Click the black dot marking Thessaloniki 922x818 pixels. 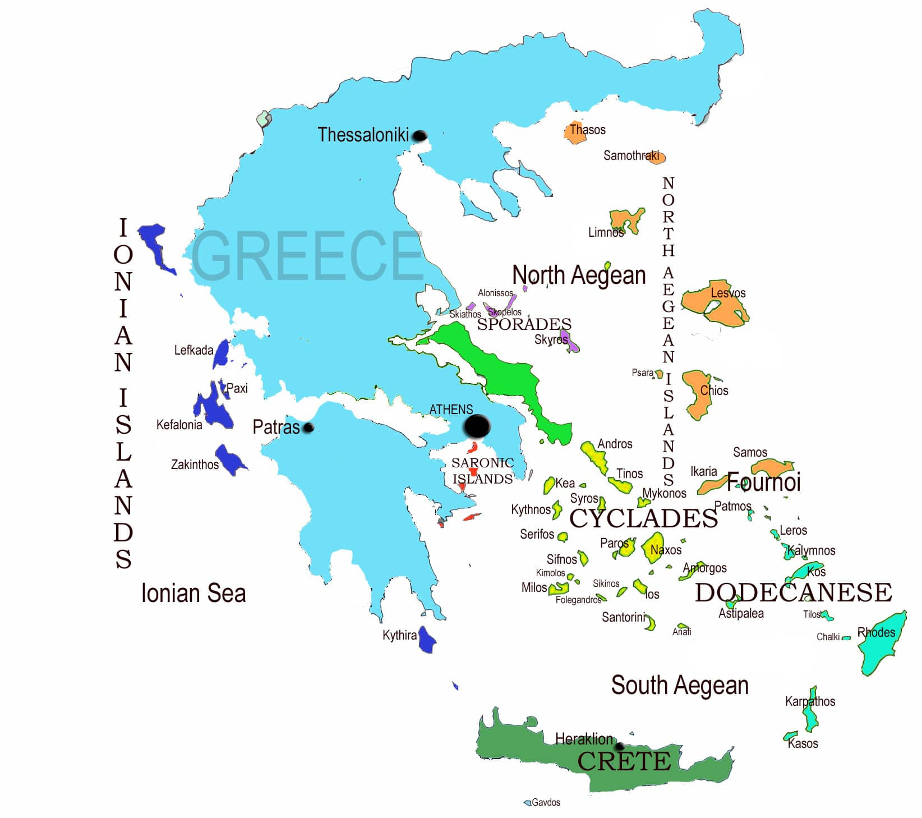coord(419,136)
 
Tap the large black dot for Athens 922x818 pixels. coord(477,426)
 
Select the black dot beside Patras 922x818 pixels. coord(308,428)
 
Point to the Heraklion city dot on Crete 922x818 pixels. coord(619,747)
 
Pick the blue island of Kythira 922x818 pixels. coord(427,640)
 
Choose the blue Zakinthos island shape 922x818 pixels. coord(230,459)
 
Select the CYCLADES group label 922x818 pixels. coord(643,518)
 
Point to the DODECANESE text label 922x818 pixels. coord(793,592)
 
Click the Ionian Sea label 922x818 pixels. coord(193,594)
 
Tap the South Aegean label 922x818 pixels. coord(680,685)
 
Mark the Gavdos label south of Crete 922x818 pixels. coord(546,802)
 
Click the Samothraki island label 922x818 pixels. coord(631,155)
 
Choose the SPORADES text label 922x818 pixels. coord(524,324)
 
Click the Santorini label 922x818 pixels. coord(624,617)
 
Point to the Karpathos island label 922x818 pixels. coord(810,701)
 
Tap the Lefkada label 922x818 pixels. coord(193,350)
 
